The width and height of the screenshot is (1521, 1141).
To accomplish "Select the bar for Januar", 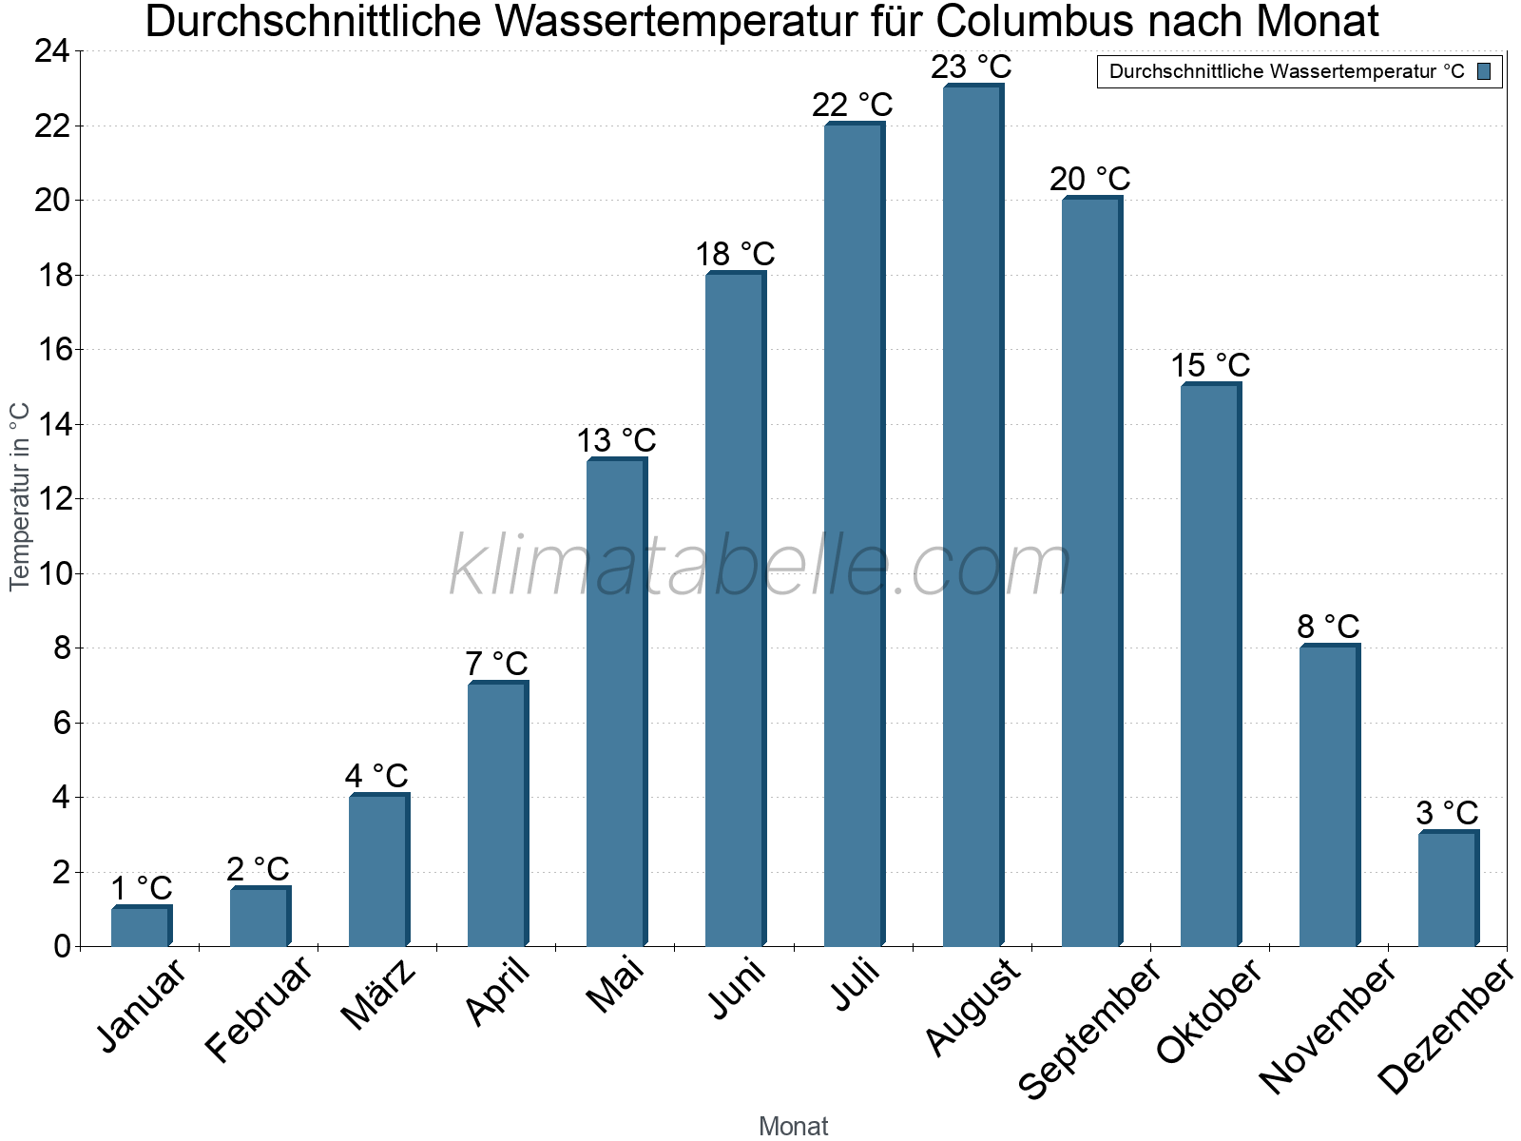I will [141, 927].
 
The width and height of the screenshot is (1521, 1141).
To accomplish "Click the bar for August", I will [972, 515].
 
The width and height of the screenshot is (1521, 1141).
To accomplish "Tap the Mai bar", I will [616, 703].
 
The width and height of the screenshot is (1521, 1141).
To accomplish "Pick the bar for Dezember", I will [1448, 889].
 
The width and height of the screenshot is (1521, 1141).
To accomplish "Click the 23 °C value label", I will [972, 68].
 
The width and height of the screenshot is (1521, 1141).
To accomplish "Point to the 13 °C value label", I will [616, 441].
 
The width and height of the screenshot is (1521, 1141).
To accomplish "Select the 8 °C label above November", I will [1328, 628].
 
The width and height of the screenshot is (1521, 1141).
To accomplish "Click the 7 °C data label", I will [496, 664].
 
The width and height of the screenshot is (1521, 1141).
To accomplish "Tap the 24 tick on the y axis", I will [52, 51].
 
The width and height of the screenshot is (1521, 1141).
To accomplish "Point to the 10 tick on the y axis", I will [52, 573].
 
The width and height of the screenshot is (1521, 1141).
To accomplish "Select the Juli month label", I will [857, 985].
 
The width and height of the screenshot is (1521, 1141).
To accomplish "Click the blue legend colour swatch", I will [1485, 71].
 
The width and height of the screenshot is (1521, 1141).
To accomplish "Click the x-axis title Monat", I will [794, 1127].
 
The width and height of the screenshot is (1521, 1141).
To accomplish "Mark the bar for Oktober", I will [1210, 665].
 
